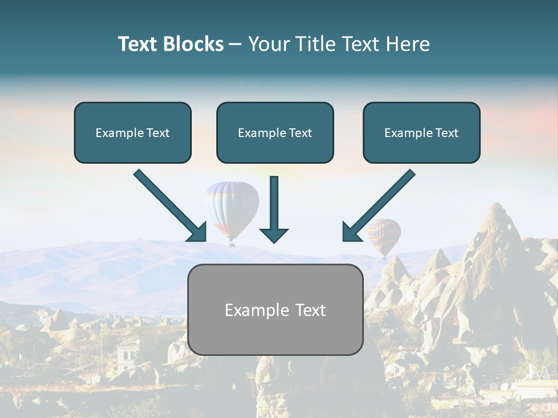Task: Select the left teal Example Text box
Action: [x=133, y=133]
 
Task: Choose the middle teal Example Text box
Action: [x=275, y=133]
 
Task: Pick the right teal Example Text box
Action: [x=421, y=133]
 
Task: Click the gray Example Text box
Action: [x=275, y=310]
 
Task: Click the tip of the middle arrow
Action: [x=274, y=240]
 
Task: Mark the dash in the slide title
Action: [x=235, y=45]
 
